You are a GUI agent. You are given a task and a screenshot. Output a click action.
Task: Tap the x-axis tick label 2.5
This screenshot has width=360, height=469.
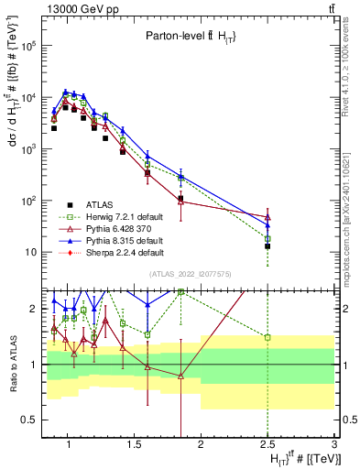click(x=267, y=444)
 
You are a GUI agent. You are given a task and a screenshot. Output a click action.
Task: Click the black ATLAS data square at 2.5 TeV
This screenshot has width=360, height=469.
click(x=267, y=245)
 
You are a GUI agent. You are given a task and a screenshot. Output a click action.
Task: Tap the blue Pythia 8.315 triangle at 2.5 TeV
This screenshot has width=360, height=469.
click(x=267, y=224)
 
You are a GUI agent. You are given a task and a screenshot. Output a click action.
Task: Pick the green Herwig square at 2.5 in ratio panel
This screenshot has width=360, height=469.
click(x=267, y=337)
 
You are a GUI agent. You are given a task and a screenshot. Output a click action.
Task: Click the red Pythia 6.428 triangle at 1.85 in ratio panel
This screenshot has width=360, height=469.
click(x=180, y=376)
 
